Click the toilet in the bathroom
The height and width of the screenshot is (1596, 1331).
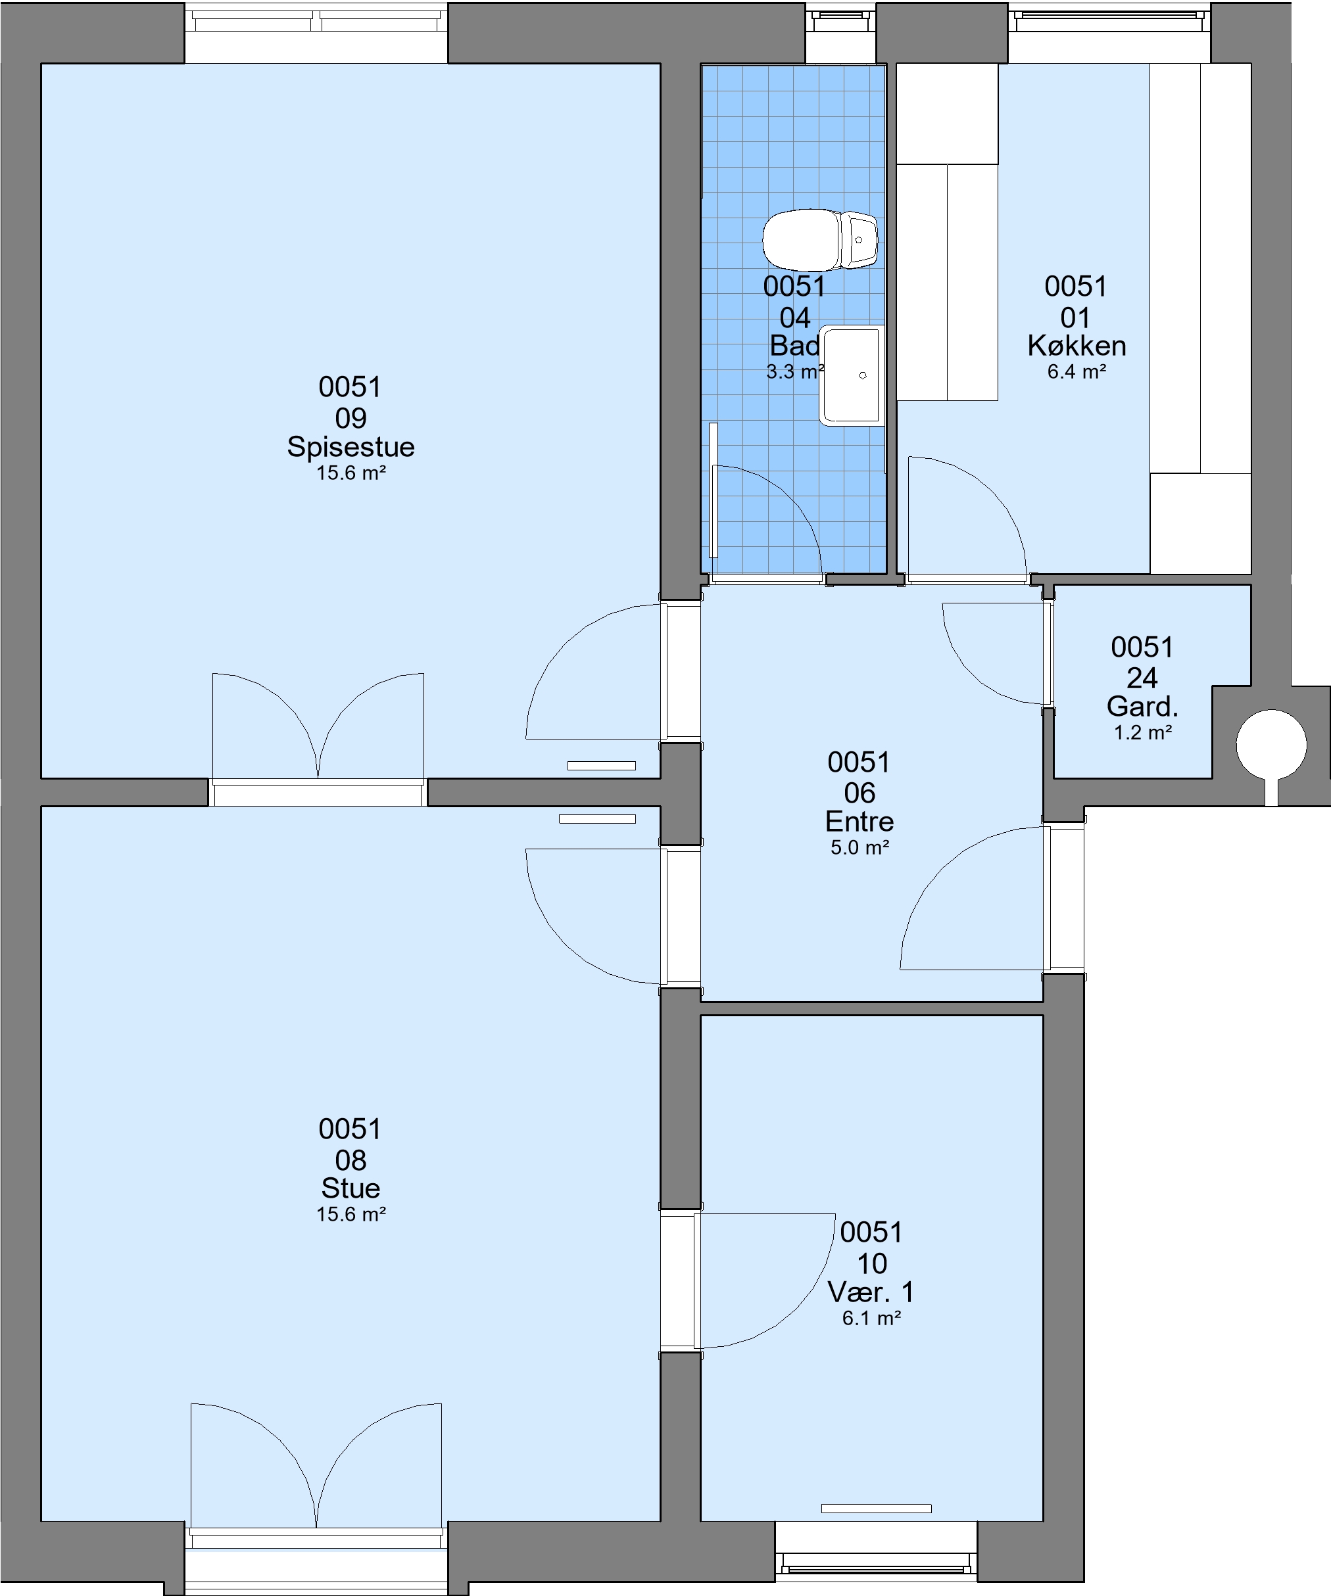coord(820,239)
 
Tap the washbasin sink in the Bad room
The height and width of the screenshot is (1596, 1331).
coord(852,375)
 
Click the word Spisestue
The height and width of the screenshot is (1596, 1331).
coord(351,447)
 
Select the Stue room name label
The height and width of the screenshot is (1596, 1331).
coord(351,1188)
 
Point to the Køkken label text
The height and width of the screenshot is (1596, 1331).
coord(1077,346)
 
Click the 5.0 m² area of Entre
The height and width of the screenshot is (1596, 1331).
coord(859,847)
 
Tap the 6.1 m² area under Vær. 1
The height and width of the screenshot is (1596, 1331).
coord(871,1318)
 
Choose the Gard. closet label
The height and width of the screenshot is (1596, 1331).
coord(1142,707)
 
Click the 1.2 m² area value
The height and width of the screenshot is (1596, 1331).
coord(1142,733)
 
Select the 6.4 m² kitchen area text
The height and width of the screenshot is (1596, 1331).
coord(1077,371)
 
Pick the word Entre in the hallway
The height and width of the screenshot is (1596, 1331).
coord(859,822)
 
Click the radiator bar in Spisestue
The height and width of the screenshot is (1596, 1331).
coord(601,765)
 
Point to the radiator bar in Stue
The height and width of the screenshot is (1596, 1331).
coord(598,818)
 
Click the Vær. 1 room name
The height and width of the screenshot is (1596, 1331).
coord(871,1292)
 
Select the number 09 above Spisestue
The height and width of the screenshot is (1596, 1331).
coord(351,418)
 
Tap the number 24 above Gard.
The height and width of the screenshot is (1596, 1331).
coord(1142,678)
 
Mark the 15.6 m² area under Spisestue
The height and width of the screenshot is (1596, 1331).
coord(351,473)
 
